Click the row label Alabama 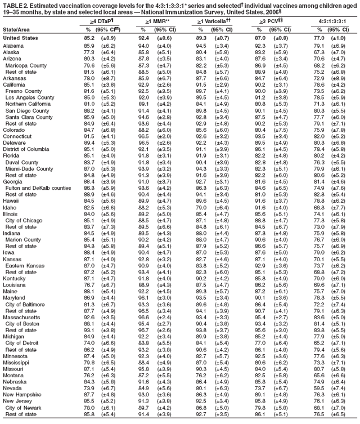point(13,45)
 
